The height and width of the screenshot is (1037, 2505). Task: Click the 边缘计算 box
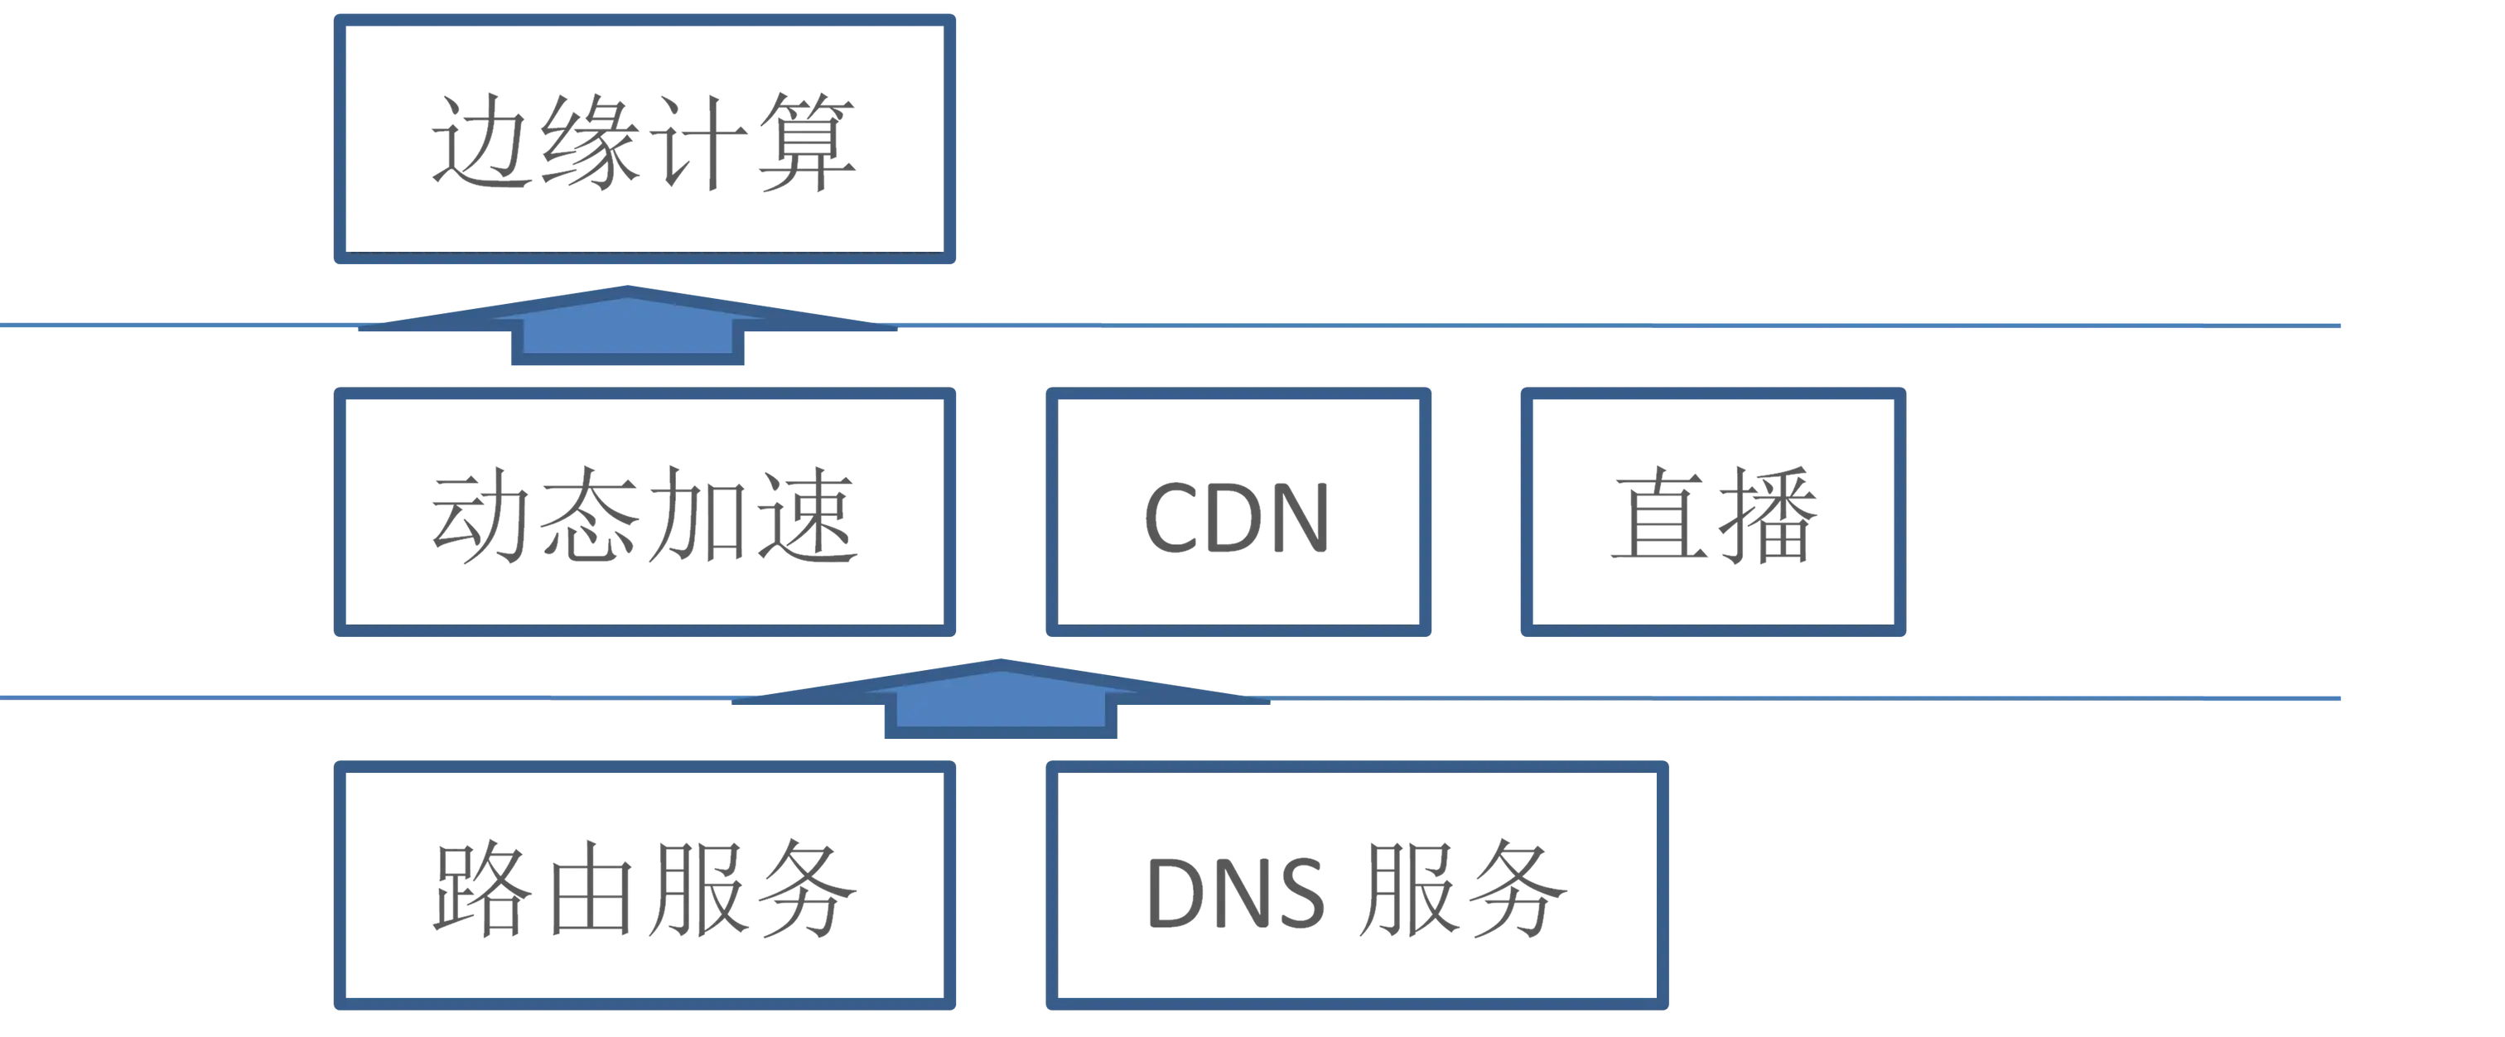click(x=645, y=141)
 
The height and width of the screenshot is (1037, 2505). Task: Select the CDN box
click(x=1238, y=514)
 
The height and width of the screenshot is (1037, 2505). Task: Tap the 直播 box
click(x=1712, y=514)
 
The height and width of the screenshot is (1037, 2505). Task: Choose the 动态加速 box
click(x=645, y=514)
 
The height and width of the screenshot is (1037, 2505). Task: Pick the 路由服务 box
click(x=645, y=885)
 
